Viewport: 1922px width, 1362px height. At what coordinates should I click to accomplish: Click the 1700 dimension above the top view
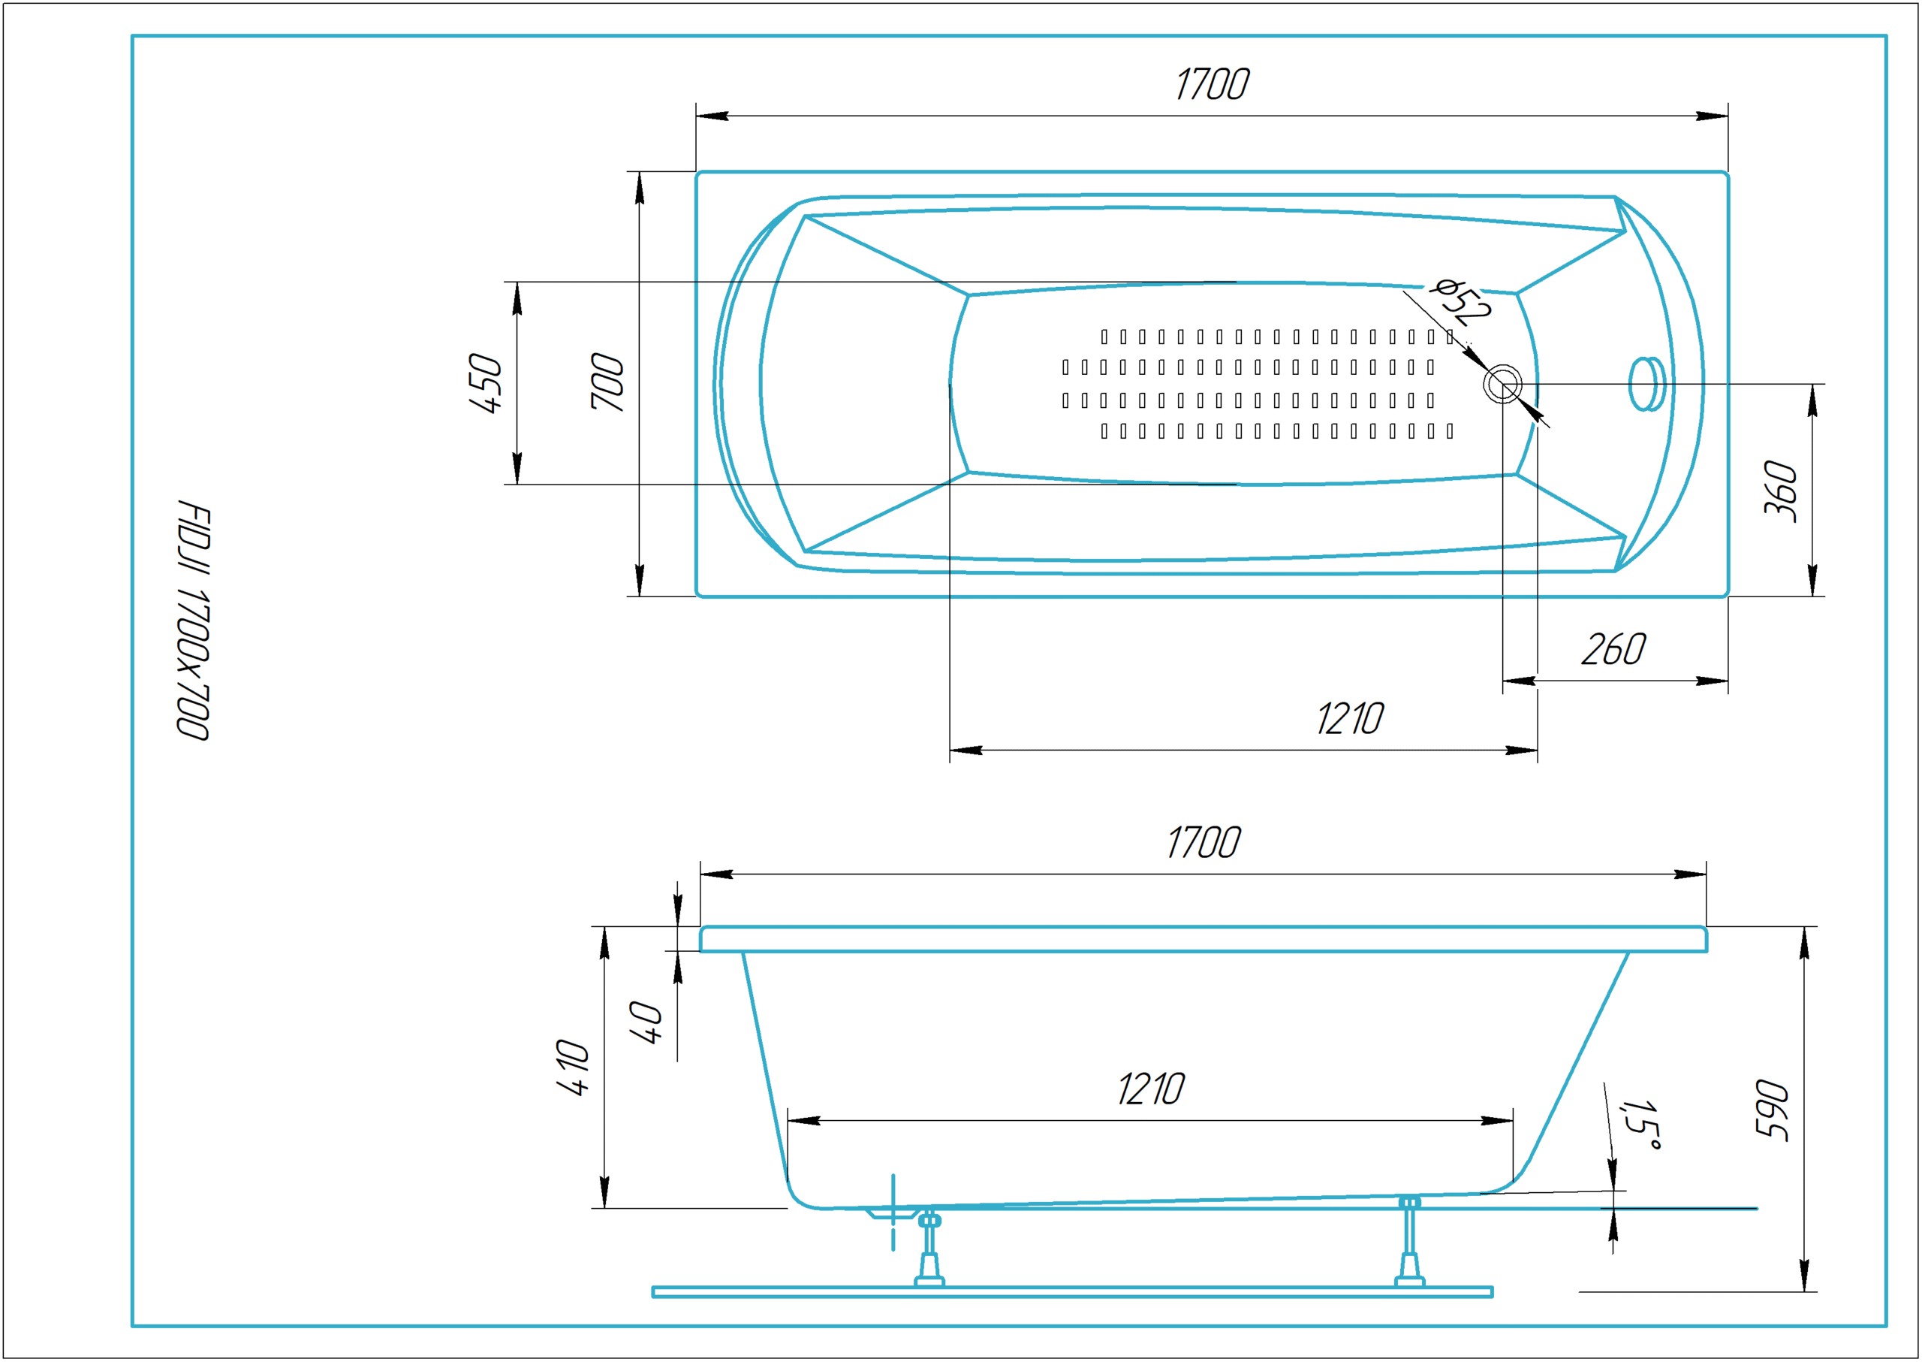tap(1212, 85)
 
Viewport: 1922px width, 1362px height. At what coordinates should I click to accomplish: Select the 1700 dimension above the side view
tap(1204, 843)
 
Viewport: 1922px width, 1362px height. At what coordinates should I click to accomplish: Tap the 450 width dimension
tap(485, 383)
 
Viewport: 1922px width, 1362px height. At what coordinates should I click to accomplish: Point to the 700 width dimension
tap(607, 382)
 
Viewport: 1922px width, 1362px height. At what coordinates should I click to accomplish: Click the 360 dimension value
tap(1780, 491)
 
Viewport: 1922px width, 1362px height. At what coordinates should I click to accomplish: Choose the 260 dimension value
tap(1613, 650)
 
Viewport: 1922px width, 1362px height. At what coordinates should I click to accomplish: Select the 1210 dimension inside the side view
tap(1151, 1089)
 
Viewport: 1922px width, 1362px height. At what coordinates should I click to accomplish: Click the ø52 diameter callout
tap(1463, 301)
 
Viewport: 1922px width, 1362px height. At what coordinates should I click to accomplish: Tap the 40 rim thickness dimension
tap(646, 1022)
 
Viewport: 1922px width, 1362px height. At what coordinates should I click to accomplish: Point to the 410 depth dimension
tap(574, 1068)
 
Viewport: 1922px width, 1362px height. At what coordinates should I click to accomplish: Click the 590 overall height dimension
tap(1772, 1110)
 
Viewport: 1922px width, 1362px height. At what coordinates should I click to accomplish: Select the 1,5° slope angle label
tap(1640, 1125)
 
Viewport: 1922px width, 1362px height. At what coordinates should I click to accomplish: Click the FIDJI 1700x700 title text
tap(193, 620)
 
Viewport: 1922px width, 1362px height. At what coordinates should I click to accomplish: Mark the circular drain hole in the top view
tap(1503, 385)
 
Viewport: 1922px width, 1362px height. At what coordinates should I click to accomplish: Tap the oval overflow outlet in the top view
tap(1647, 384)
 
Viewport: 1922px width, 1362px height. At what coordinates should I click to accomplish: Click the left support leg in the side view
tap(929, 1249)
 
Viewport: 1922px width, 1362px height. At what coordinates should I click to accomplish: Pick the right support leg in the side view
tap(1409, 1242)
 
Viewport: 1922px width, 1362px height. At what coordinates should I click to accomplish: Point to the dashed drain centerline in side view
tap(893, 1213)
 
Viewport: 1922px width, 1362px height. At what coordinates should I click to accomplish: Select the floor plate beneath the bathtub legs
tap(1072, 1292)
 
